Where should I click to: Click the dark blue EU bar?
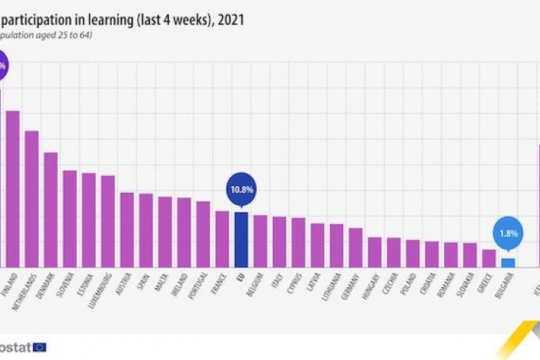point(241,239)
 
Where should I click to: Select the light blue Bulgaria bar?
point(508,262)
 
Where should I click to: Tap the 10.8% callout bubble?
point(241,190)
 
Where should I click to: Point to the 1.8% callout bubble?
point(508,233)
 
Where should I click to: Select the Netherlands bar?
point(31,199)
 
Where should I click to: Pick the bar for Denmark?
point(51,210)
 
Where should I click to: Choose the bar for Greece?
point(489,258)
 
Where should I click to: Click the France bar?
point(222,238)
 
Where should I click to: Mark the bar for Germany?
point(355,247)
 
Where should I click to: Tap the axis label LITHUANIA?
point(331,289)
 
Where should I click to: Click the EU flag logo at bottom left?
point(39,346)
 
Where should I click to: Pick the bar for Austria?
point(127,229)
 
